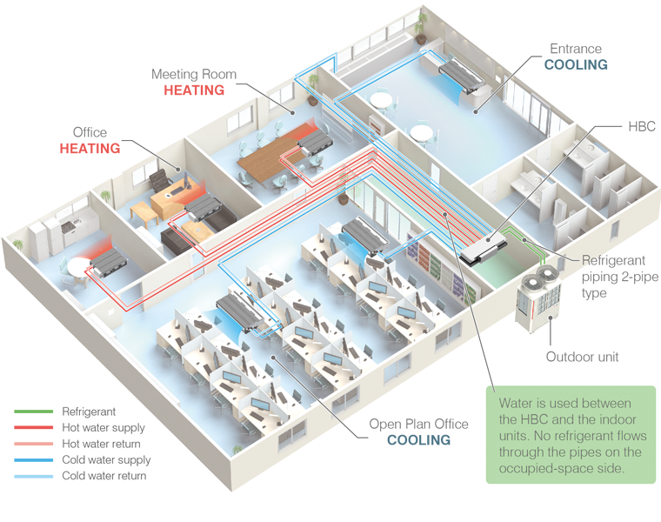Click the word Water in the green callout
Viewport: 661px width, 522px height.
[517, 404]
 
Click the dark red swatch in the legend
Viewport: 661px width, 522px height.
[26, 427]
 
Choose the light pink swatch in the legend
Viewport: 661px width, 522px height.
[26, 445]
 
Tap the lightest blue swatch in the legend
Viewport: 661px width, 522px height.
[26, 479]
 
